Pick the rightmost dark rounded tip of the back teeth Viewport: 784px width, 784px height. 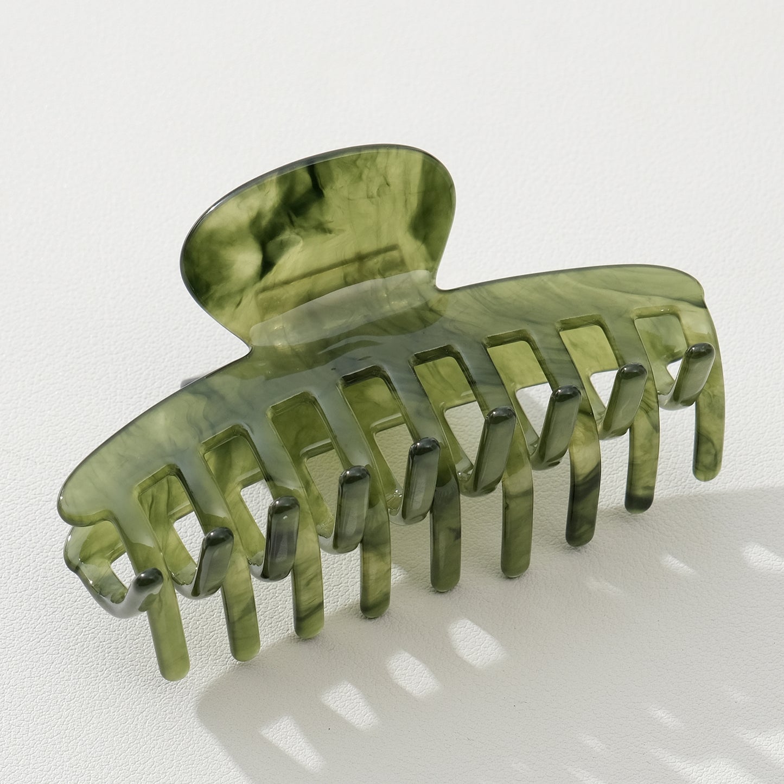[699, 353]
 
